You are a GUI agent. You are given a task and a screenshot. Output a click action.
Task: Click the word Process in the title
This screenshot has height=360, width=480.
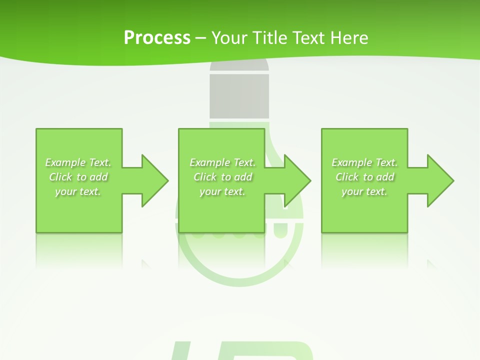pyautogui.click(x=157, y=38)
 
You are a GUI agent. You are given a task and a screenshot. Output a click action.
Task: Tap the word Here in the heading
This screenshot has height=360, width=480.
pyautogui.click(x=349, y=38)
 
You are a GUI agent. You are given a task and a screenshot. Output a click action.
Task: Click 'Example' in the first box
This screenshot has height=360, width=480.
pyautogui.click(x=65, y=162)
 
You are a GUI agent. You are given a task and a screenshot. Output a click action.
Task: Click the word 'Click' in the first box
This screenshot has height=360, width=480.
pyautogui.click(x=60, y=177)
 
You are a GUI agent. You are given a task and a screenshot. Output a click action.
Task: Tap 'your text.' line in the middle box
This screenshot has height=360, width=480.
pyautogui.click(x=222, y=191)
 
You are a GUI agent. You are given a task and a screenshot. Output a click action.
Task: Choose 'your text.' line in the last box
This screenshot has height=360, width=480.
pyautogui.click(x=364, y=191)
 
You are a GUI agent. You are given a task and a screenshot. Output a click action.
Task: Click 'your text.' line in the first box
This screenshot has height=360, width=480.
pyautogui.click(x=78, y=191)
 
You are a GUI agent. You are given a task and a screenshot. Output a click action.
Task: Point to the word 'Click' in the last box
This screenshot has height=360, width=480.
pyautogui.click(x=347, y=177)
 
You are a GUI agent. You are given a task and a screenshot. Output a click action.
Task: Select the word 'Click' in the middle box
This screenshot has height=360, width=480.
pyautogui.click(x=205, y=177)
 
